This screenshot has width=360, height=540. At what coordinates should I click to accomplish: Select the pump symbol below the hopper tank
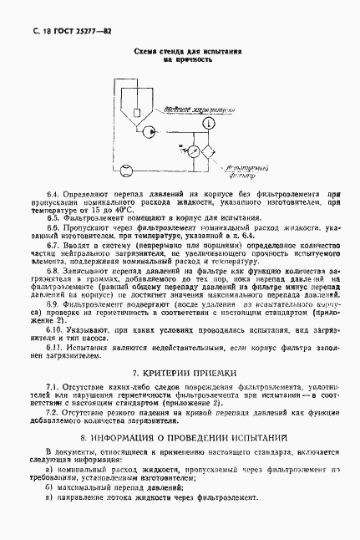pos(148,130)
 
